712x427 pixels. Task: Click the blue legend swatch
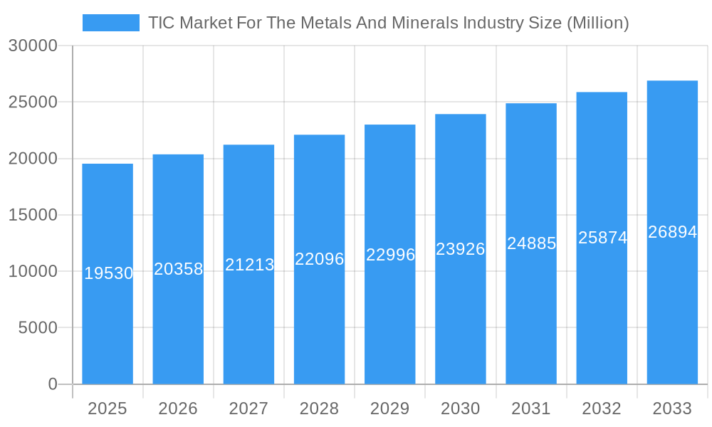click(x=110, y=23)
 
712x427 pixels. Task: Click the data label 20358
click(x=179, y=269)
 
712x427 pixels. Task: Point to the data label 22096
click(x=320, y=259)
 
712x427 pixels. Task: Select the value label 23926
click(x=461, y=249)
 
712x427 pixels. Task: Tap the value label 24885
click(x=531, y=243)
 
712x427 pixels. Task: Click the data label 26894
click(x=672, y=232)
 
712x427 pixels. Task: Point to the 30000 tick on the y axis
click(x=33, y=46)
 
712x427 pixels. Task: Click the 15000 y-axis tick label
click(x=33, y=215)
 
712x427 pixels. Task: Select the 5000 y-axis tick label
click(x=37, y=328)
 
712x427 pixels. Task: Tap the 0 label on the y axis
click(x=53, y=384)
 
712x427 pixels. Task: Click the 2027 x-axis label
click(x=248, y=408)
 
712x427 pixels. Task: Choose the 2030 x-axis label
click(x=460, y=408)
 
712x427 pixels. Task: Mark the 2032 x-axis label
click(x=602, y=408)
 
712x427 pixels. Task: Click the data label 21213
click(x=250, y=265)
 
